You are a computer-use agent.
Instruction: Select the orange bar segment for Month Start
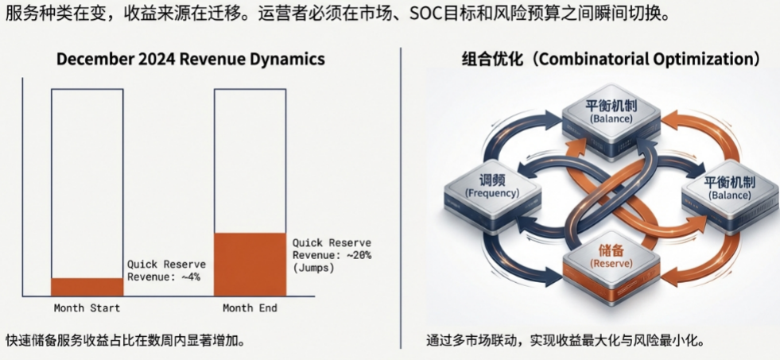pyautogui.click(x=87, y=287)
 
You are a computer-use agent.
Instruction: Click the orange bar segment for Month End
pyautogui.click(x=250, y=265)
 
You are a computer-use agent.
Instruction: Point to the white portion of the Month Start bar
pyautogui.click(x=87, y=183)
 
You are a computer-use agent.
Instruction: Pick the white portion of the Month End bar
pyautogui.click(x=250, y=159)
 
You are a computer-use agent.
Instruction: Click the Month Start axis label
pyautogui.click(x=87, y=308)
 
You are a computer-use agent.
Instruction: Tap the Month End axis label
pyautogui.click(x=250, y=308)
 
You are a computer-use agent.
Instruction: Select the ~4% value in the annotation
pyautogui.click(x=189, y=277)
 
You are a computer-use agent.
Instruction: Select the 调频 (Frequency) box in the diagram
pyautogui.click(x=492, y=185)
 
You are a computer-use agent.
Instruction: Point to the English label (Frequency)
pyautogui.click(x=492, y=193)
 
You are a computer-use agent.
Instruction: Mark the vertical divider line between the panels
pyautogui.click(x=401, y=199)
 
